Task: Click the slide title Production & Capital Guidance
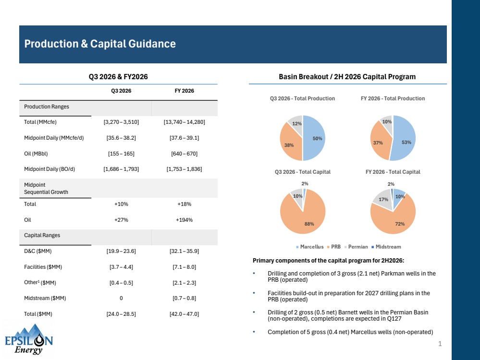[x=100, y=44]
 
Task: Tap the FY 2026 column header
[x=185, y=91]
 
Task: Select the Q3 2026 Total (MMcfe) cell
[x=121, y=122]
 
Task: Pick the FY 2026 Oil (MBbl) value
[x=185, y=154]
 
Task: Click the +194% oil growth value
[x=185, y=220]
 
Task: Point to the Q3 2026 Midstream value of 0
[x=121, y=298]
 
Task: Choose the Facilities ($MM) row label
[x=43, y=267]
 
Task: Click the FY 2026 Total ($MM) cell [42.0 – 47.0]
[x=185, y=314]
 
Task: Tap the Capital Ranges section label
[x=42, y=235]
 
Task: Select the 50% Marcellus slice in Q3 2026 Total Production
[x=314, y=138]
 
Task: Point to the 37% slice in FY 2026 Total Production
[x=379, y=142]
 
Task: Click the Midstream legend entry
[x=386, y=247]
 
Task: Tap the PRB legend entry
[x=334, y=247]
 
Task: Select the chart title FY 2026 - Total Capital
[x=393, y=172]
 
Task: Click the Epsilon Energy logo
[x=29, y=339]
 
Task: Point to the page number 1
[x=440, y=344]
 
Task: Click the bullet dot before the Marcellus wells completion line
[x=254, y=332]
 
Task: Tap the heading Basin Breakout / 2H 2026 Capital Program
[x=347, y=77]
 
